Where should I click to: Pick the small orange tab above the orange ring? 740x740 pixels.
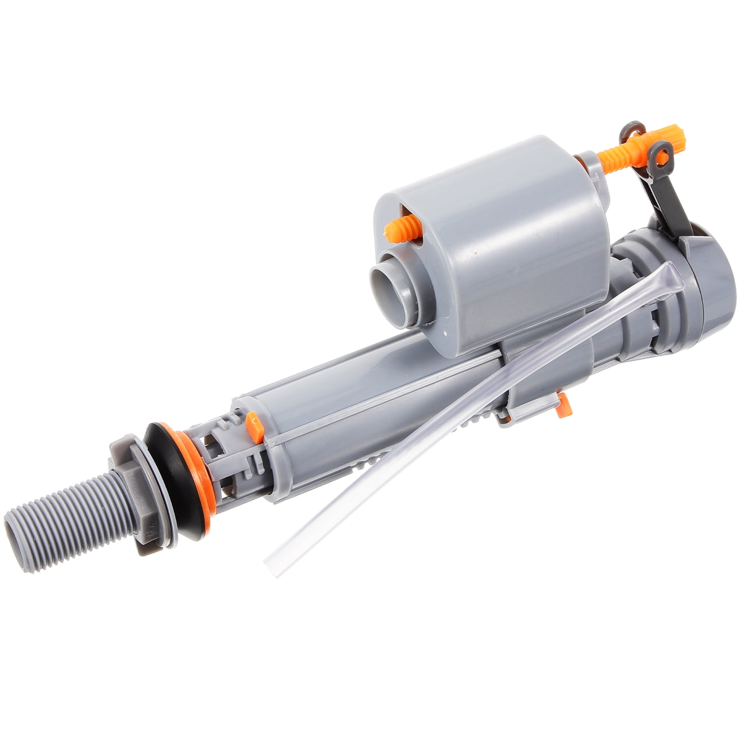point(254,424)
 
